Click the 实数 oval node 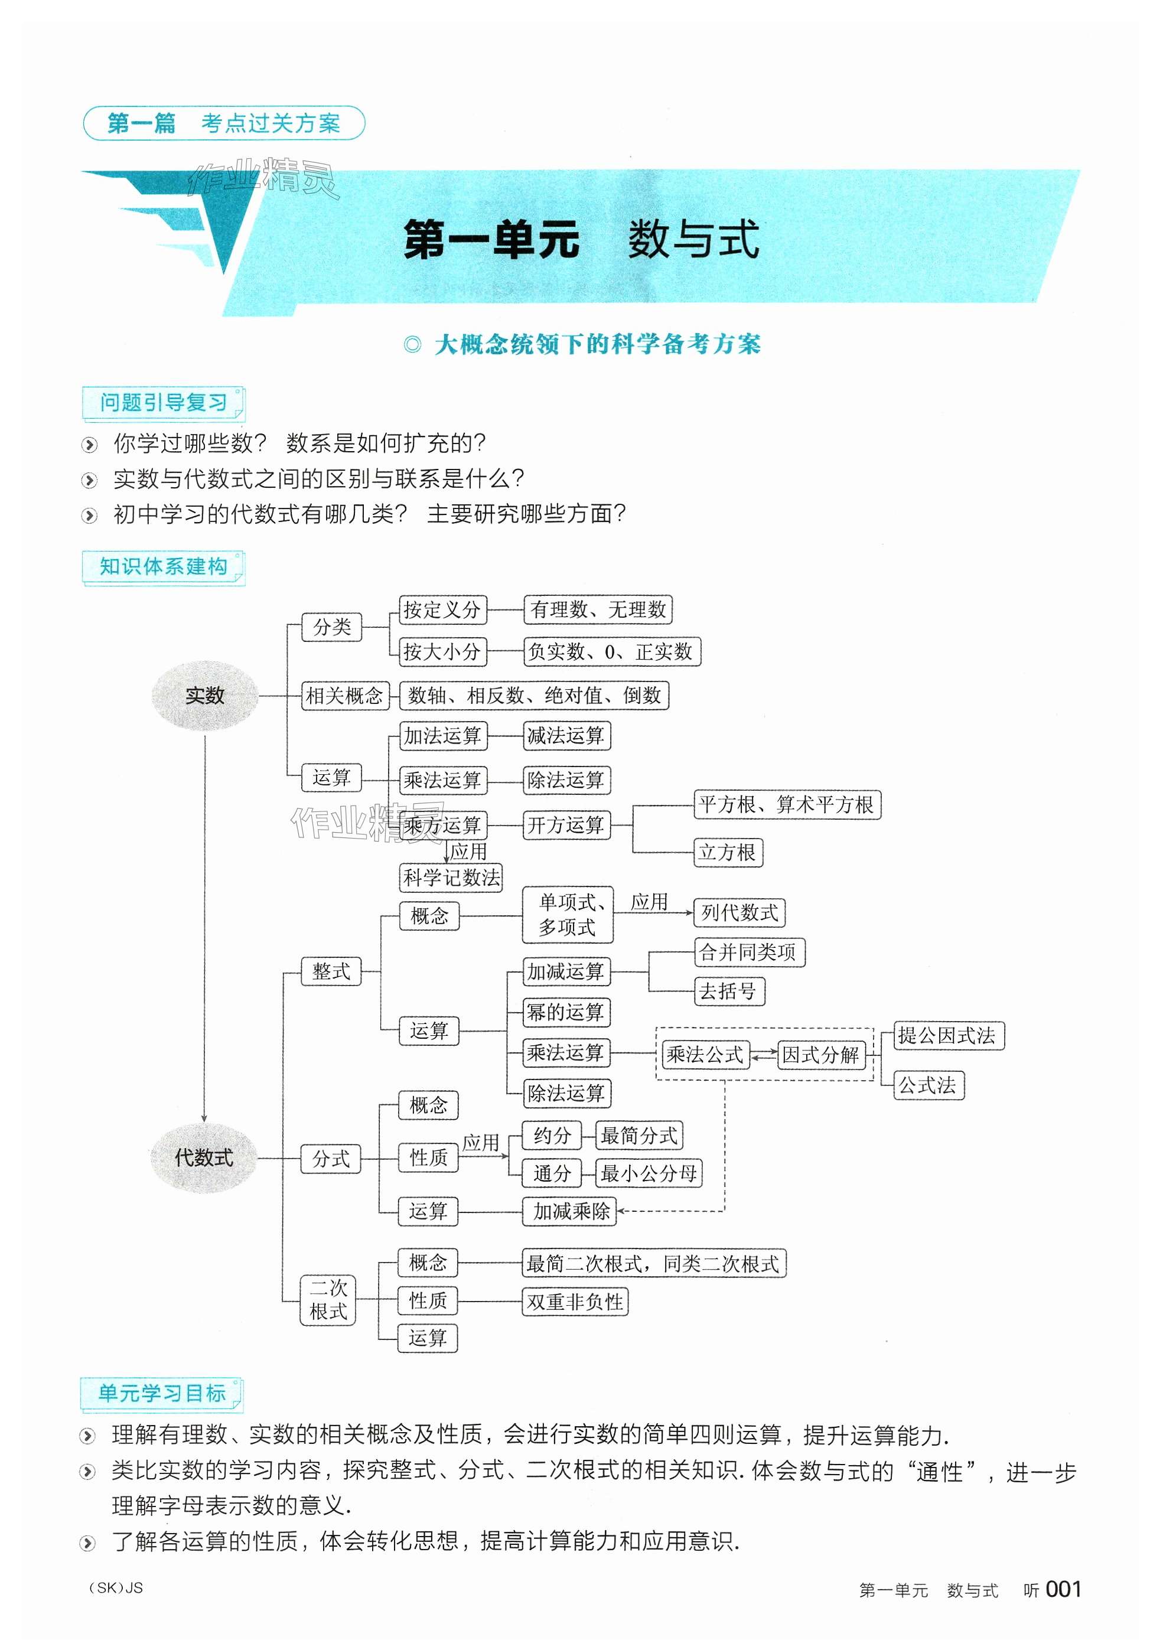click(x=205, y=696)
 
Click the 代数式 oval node click(x=204, y=1157)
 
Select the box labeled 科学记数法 click(x=451, y=878)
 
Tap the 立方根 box click(x=727, y=852)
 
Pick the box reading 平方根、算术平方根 click(x=786, y=804)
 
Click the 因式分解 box click(x=820, y=1055)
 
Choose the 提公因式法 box click(x=947, y=1036)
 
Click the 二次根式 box click(x=328, y=1299)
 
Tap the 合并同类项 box click(x=748, y=952)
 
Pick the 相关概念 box click(x=344, y=696)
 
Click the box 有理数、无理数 click(x=598, y=609)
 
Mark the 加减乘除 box click(x=571, y=1212)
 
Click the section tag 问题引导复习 click(x=163, y=402)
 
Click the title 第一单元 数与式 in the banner click(x=581, y=239)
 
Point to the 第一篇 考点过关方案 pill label click(x=223, y=123)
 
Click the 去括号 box click(x=728, y=992)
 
